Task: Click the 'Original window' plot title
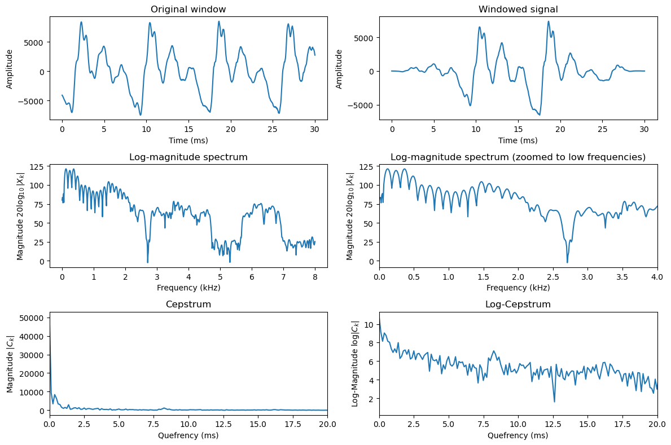click(x=188, y=9)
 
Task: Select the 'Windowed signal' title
click(x=518, y=9)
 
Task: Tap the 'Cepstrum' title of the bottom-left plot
click(x=188, y=305)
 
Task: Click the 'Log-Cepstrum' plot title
click(x=518, y=305)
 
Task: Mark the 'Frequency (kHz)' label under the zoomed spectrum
click(x=518, y=288)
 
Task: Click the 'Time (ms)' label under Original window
click(x=188, y=140)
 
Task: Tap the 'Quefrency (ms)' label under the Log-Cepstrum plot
click(x=518, y=435)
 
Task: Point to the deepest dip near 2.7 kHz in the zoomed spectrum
click(x=567, y=262)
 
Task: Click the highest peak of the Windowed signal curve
click(x=548, y=22)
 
